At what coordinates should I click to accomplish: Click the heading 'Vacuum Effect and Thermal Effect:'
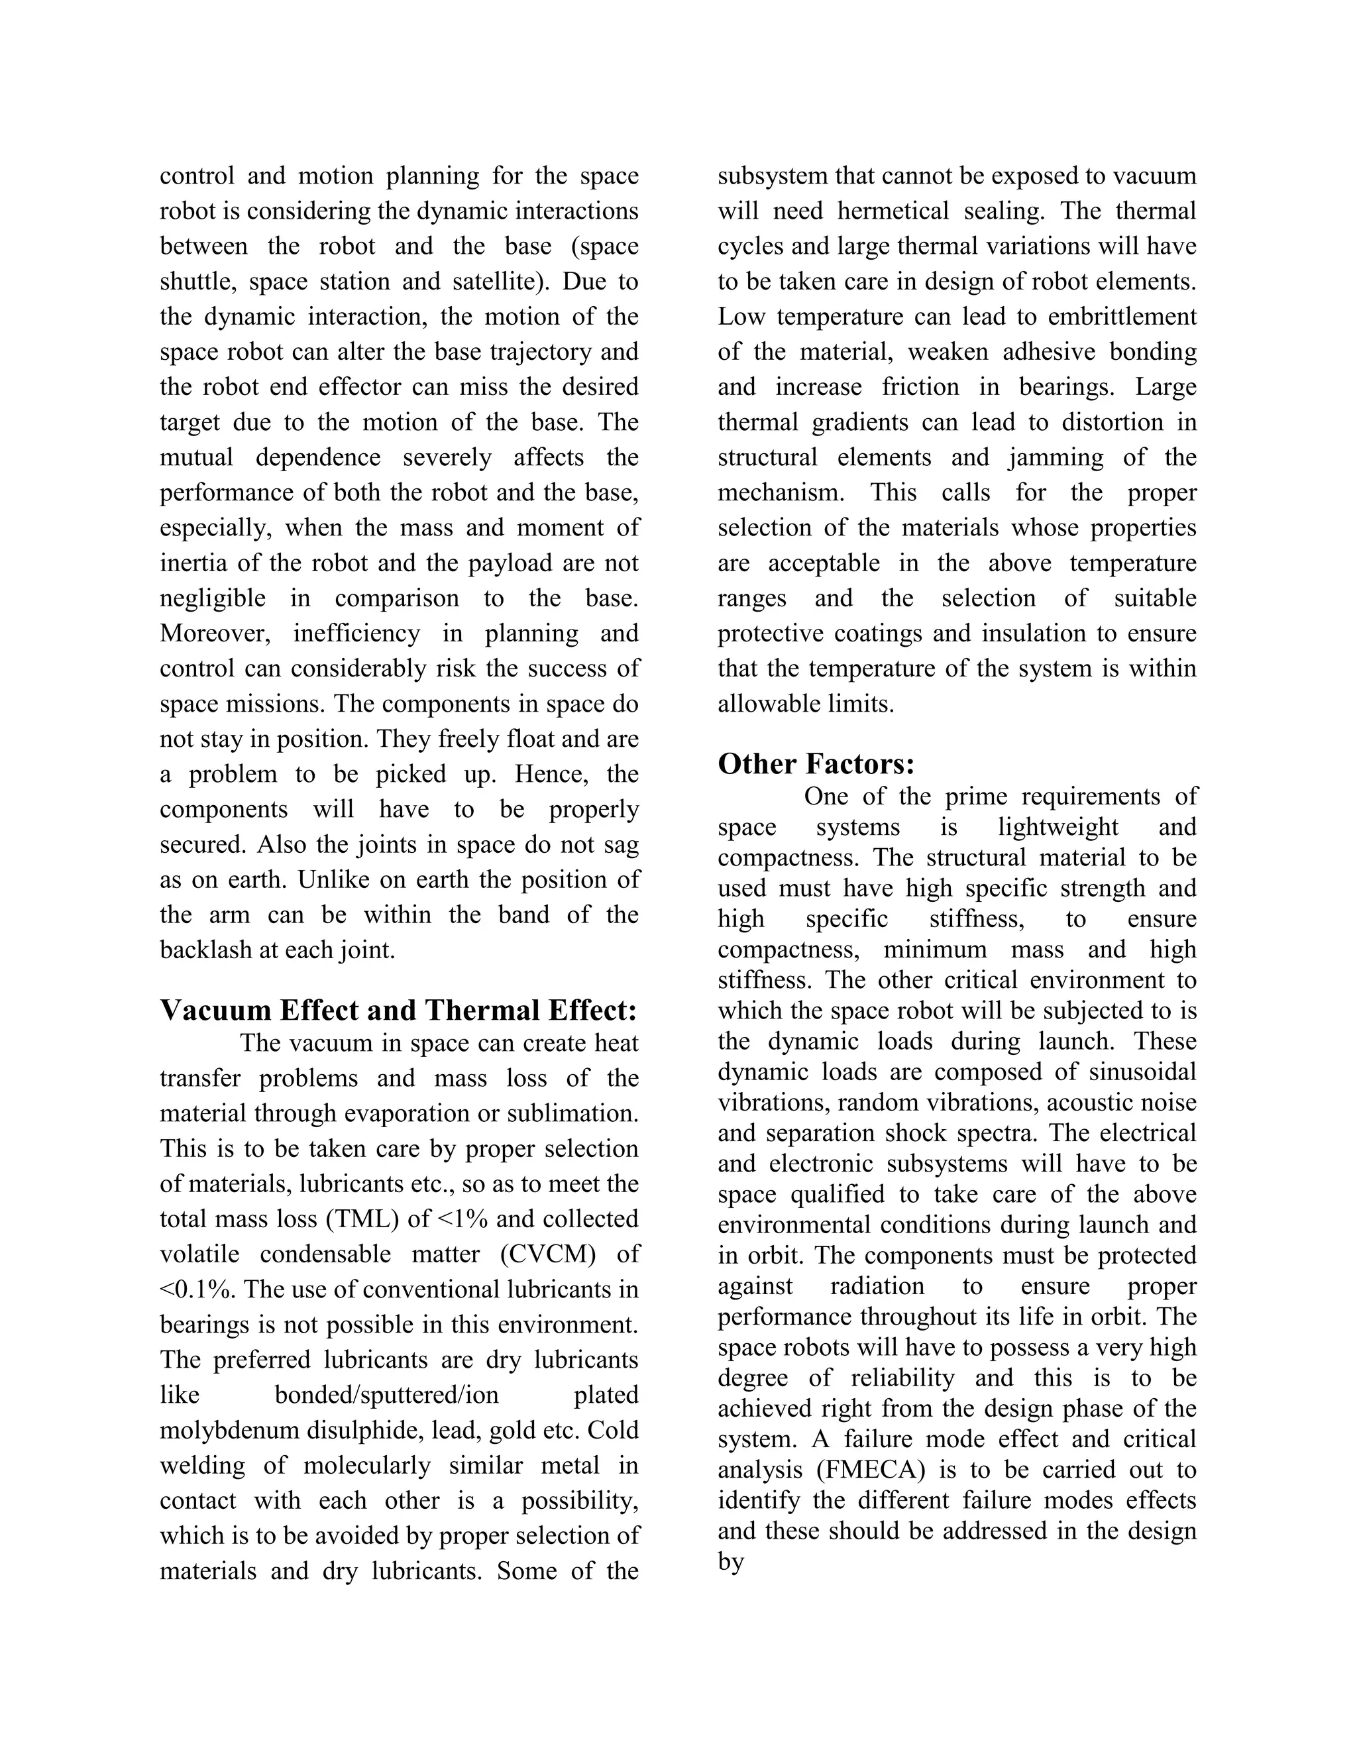[398, 1011]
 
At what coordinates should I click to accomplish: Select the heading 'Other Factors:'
[816, 764]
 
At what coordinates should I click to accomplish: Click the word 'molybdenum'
[222, 1431]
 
